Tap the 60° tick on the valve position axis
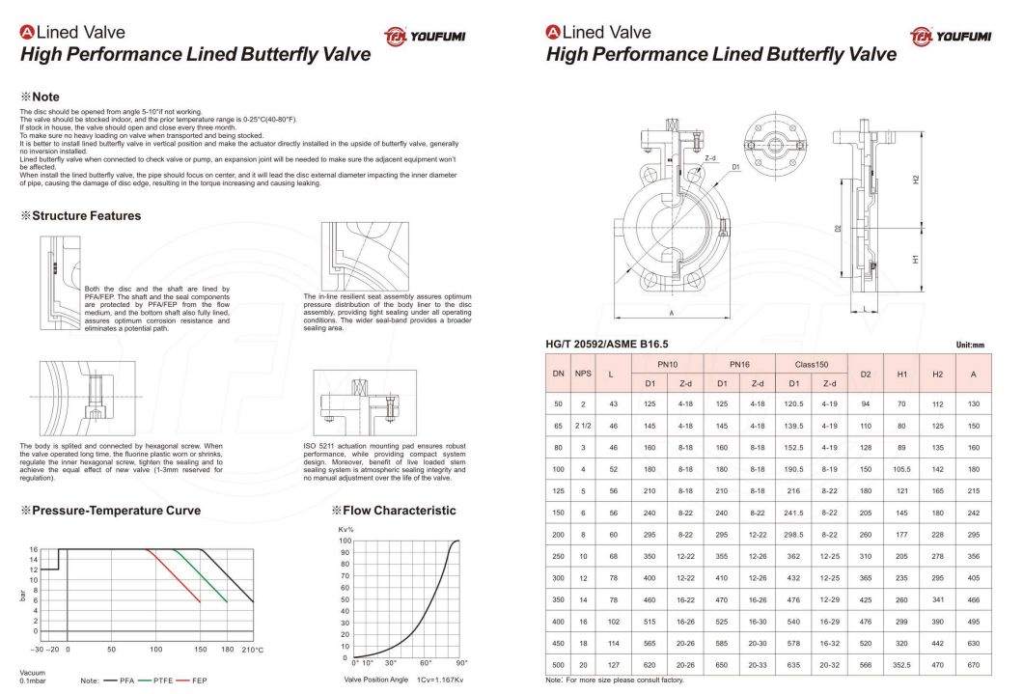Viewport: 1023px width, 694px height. (426, 663)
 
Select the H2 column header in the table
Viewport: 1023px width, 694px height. (935, 374)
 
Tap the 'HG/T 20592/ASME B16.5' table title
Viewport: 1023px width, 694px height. (607, 343)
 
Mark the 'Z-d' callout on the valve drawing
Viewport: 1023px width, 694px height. (709, 157)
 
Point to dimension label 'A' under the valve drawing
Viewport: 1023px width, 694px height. (673, 314)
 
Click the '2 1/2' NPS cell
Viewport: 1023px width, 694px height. (584, 425)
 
